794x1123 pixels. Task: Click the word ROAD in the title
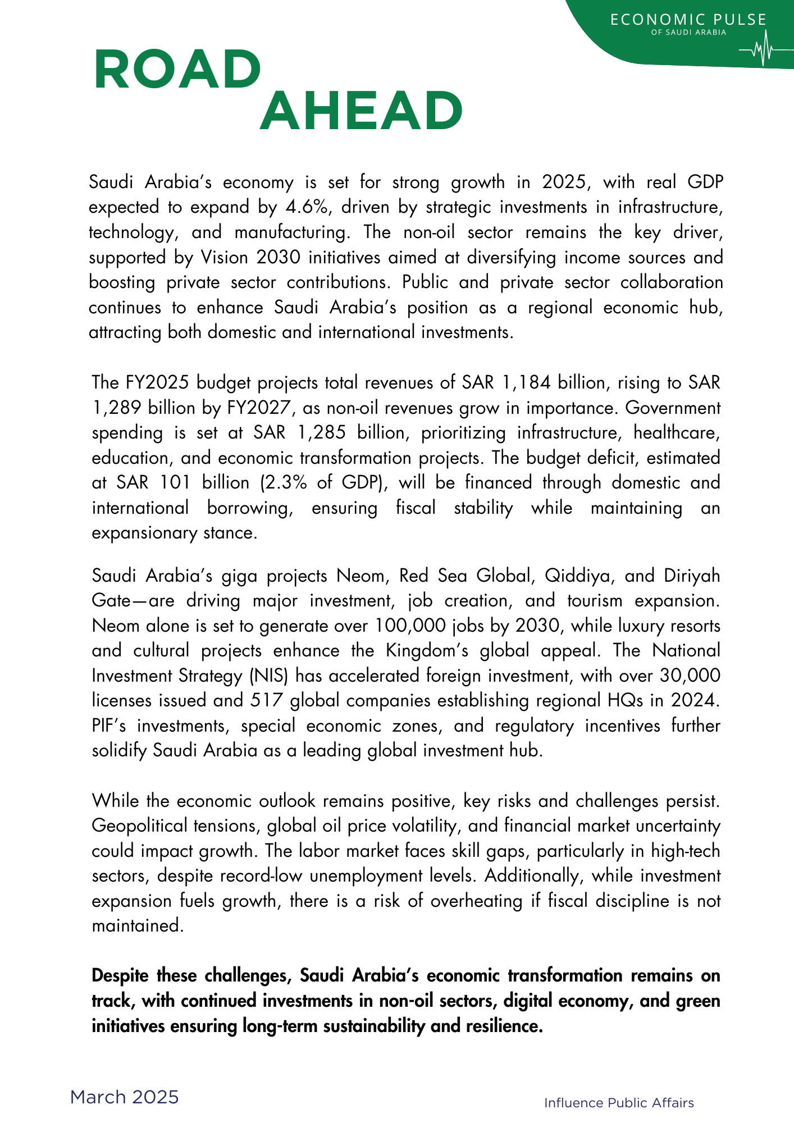177,70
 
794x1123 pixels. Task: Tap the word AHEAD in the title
361,111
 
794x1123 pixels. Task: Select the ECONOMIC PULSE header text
688,20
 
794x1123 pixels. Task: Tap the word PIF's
109,725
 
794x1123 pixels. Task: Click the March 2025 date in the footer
124,1097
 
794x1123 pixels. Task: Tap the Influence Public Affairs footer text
619,1103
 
